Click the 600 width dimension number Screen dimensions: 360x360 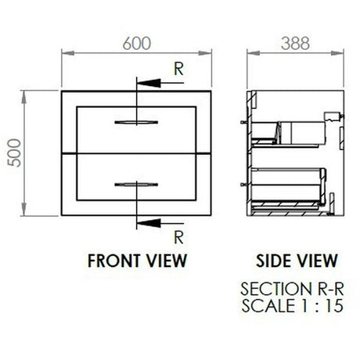(137, 43)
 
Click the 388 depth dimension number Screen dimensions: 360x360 (295, 43)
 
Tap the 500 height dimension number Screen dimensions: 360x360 (14, 153)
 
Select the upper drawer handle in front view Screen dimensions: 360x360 (136, 122)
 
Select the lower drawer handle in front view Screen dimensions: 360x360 (136, 185)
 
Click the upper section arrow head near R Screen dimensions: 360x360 (148, 83)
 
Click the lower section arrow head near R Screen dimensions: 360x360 (148, 223)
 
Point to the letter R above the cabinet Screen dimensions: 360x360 (178, 69)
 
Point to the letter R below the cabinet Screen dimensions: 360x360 (178, 237)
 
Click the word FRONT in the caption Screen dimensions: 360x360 (113, 261)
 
